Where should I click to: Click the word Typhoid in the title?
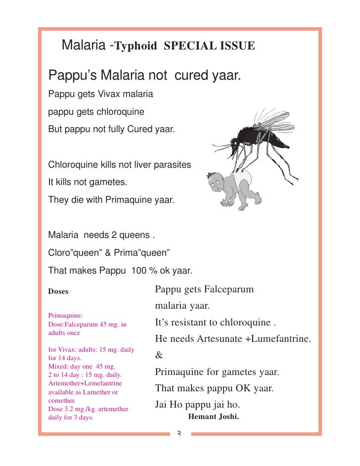point(135,47)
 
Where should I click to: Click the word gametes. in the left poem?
point(108,183)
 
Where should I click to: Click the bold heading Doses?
point(58,291)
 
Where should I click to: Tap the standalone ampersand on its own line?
point(159,355)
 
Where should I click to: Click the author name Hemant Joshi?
point(214,416)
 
